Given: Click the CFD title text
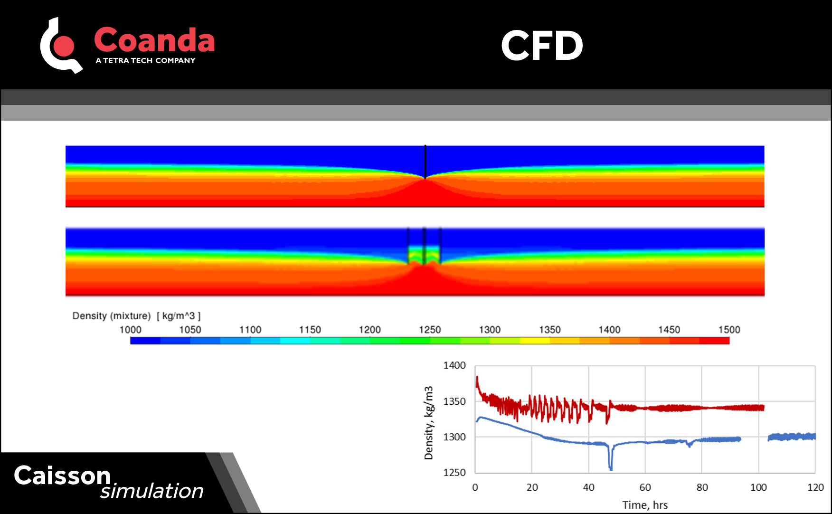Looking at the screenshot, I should pyautogui.click(x=542, y=46).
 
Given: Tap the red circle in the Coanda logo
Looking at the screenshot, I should pyautogui.click(x=64, y=46).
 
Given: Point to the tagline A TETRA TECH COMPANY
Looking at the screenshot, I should pyautogui.click(x=145, y=60).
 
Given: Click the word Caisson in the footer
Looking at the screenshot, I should pyautogui.click(x=62, y=476).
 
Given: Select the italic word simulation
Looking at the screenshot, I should pyautogui.click(x=151, y=491).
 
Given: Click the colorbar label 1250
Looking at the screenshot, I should pyautogui.click(x=430, y=330).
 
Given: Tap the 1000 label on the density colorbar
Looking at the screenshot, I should pyautogui.click(x=130, y=330).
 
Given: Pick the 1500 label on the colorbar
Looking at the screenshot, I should pyautogui.click(x=729, y=330).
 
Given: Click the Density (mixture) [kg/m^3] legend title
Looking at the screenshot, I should pyautogui.click(x=136, y=316).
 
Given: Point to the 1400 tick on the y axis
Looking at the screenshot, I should pyautogui.click(x=454, y=365).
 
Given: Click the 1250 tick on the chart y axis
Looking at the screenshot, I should pyautogui.click(x=454, y=472).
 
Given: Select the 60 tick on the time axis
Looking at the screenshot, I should pyautogui.click(x=645, y=487).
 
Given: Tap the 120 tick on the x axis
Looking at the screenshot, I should pyautogui.click(x=815, y=487).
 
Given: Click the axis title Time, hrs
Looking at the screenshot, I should pyautogui.click(x=645, y=505).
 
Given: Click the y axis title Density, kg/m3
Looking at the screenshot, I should pyautogui.click(x=428, y=423).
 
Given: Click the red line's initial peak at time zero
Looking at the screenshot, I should pyautogui.click(x=477, y=379).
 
